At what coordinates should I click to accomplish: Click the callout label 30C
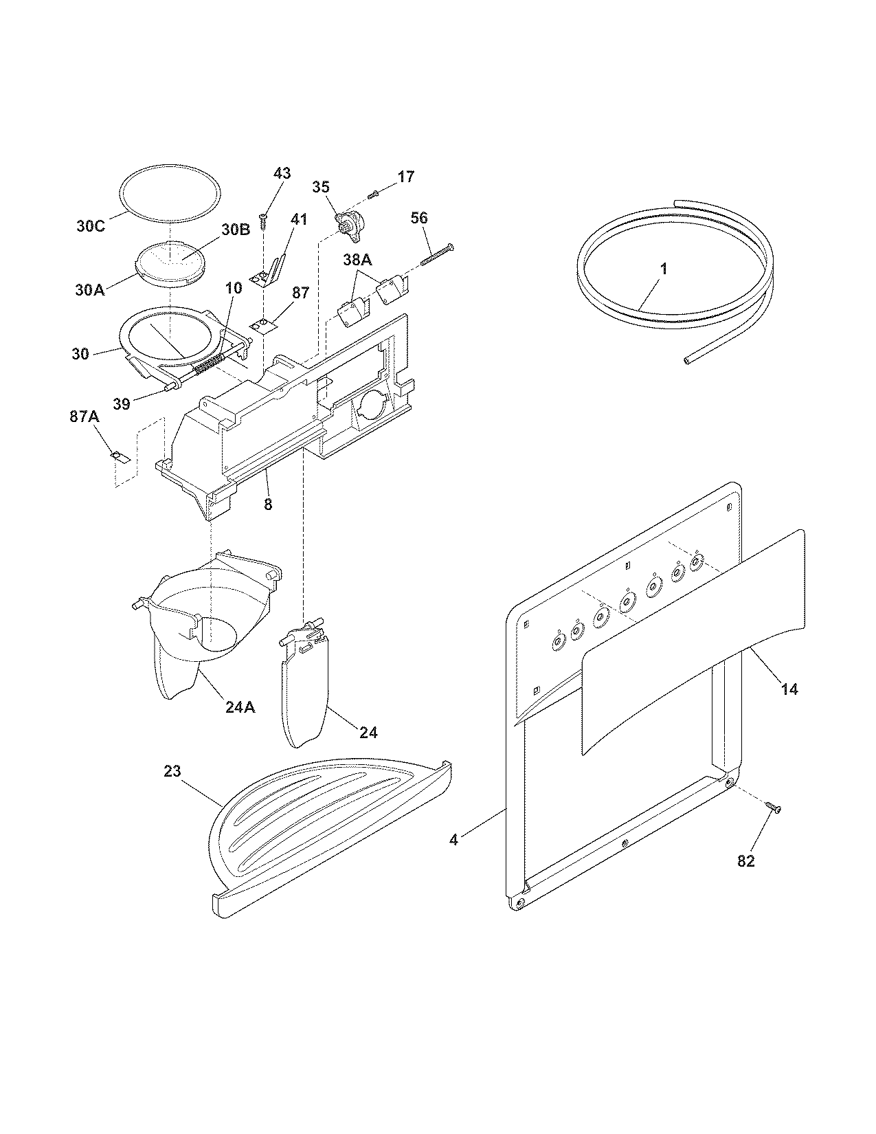(x=90, y=226)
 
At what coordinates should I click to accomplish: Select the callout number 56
(x=419, y=219)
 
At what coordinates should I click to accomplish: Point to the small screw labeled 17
(x=374, y=194)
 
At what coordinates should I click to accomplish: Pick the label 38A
(x=357, y=261)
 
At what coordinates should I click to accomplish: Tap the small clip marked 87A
(x=118, y=456)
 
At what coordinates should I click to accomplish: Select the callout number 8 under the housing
(x=268, y=504)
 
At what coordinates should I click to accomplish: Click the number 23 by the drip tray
(x=172, y=771)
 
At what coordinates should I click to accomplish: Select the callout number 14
(x=790, y=688)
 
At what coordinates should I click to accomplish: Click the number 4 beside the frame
(x=454, y=840)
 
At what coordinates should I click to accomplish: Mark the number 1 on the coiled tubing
(x=663, y=269)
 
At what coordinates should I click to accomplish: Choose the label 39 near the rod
(x=122, y=404)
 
